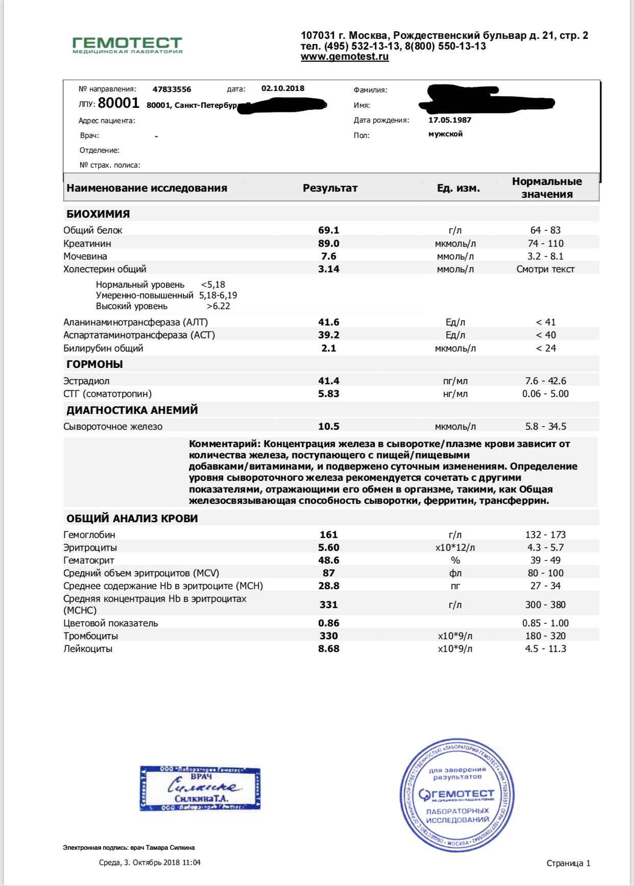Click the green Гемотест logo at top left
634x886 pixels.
click(127, 44)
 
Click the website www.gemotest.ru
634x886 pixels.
click(345, 57)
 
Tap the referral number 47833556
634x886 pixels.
click(172, 89)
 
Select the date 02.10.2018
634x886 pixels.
click(283, 88)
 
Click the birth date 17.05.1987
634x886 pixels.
click(450, 120)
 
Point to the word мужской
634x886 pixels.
click(445, 134)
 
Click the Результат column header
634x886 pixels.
click(330, 188)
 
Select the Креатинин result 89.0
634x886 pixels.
click(329, 243)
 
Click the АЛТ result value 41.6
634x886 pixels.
click(329, 322)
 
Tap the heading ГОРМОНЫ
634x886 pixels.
click(94, 364)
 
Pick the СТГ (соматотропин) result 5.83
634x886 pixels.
click(329, 394)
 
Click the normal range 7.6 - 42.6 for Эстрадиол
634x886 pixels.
click(545, 381)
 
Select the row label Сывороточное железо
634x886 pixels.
click(113, 427)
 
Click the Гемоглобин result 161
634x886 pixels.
click(329, 535)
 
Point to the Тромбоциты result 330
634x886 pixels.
click(329, 636)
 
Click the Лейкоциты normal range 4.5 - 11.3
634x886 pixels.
click(545, 649)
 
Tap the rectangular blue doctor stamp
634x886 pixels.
click(200, 788)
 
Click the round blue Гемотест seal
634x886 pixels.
click(456, 795)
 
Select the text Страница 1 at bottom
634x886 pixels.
click(568, 863)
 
